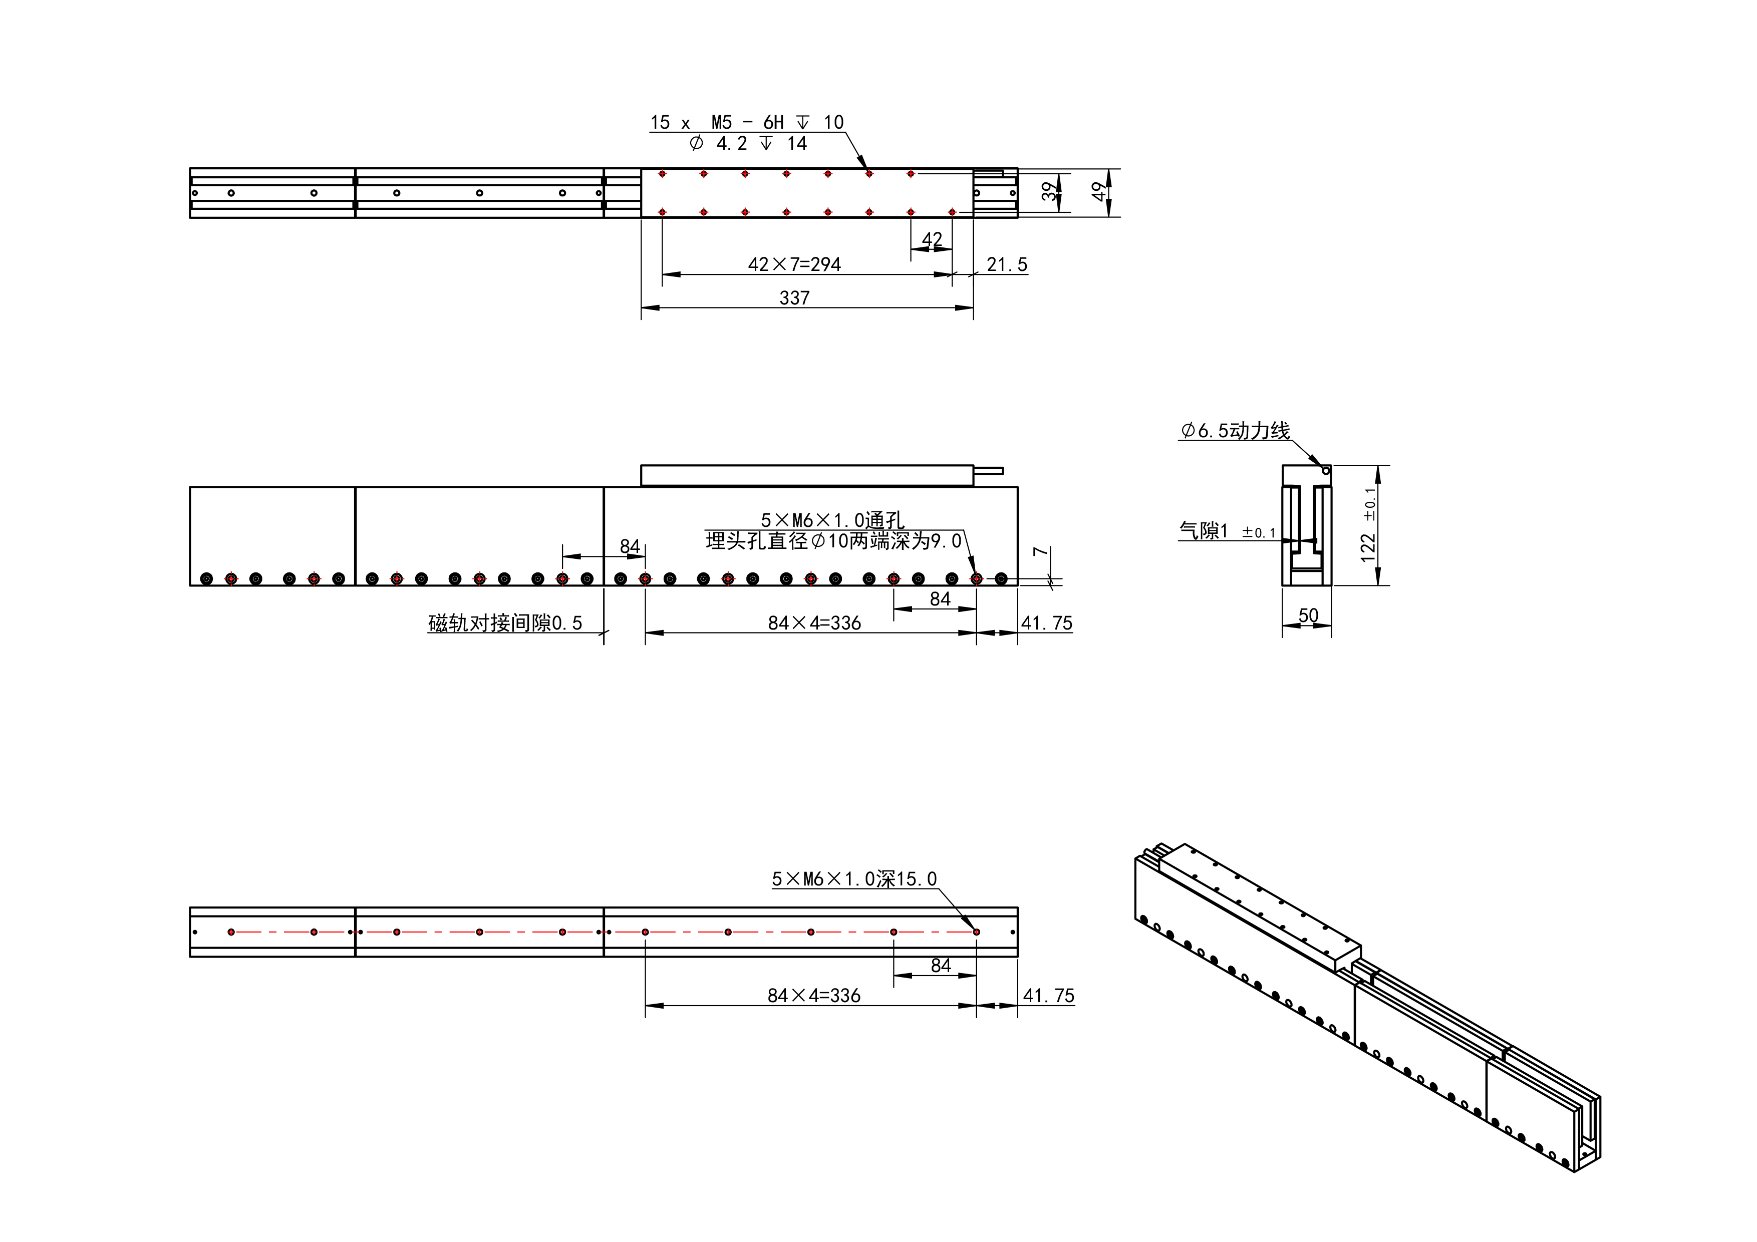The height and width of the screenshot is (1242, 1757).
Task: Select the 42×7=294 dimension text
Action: coord(794,265)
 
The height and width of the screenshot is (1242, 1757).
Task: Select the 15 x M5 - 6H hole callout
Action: coord(747,122)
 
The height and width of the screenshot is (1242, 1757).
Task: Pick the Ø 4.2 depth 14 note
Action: coord(748,144)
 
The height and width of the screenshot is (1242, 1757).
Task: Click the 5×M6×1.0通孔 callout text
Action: coord(832,520)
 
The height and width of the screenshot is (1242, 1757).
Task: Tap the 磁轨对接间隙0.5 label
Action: coord(505,623)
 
